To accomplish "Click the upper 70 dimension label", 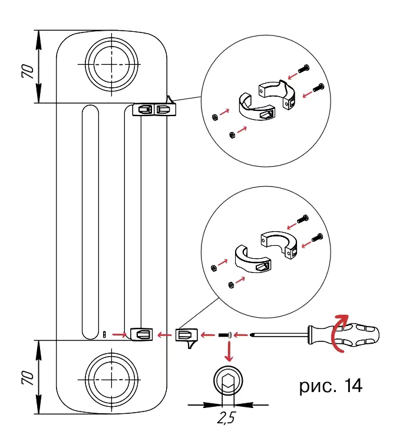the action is tap(27, 71).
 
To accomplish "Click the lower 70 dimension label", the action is tap(27, 378).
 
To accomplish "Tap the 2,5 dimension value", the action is tap(226, 417).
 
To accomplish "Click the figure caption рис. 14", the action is tap(331, 386).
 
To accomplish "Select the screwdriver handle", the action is tap(343, 335).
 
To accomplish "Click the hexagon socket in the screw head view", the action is tap(228, 382).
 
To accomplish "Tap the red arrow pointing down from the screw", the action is tap(229, 351).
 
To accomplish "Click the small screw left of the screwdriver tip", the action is tap(226, 335).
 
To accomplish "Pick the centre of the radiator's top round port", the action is tap(111, 64).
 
